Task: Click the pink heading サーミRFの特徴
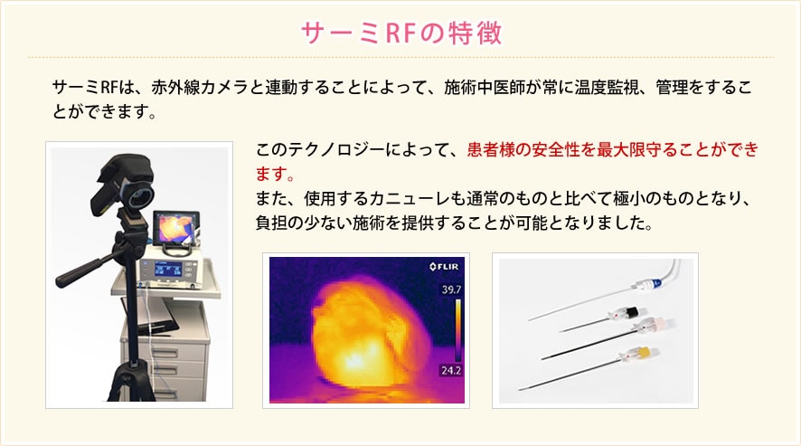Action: (401, 33)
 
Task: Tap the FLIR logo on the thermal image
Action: (444, 267)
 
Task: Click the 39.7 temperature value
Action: (451, 289)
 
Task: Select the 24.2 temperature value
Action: (451, 370)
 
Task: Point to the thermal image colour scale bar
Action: (457, 330)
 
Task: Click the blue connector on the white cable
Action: (653, 283)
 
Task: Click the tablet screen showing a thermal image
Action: (174, 227)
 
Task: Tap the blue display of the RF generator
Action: (167, 270)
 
